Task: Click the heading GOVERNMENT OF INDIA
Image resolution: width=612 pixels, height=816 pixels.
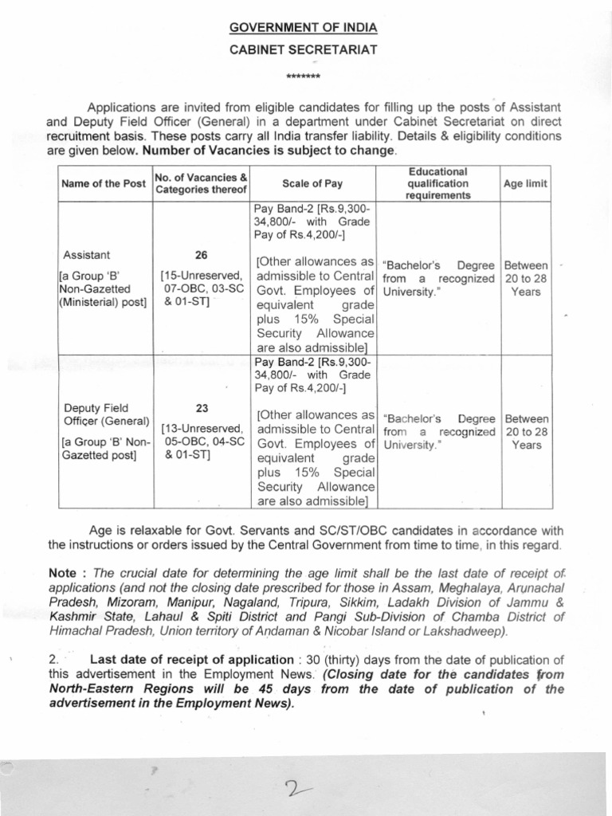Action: (x=303, y=27)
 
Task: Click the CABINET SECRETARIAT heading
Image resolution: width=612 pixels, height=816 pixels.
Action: (x=303, y=49)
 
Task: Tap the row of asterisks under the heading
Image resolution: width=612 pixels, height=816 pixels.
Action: (x=303, y=77)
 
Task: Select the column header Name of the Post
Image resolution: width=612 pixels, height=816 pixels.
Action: (x=104, y=183)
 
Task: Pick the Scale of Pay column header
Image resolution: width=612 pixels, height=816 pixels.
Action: (x=312, y=183)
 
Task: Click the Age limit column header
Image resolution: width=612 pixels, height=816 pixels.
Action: (x=525, y=183)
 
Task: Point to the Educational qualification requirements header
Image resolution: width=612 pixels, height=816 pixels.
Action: (x=437, y=183)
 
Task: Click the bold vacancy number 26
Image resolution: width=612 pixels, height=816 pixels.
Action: (x=202, y=255)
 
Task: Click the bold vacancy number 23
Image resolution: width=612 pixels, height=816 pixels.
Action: (x=202, y=407)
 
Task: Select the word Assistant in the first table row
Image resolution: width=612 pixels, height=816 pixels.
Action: (x=87, y=255)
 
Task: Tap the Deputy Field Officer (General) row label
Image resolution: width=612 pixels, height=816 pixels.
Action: (x=106, y=414)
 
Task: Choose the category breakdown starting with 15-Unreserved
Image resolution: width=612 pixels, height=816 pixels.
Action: (x=202, y=291)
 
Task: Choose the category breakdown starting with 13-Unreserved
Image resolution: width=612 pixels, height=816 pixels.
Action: (x=202, y=442)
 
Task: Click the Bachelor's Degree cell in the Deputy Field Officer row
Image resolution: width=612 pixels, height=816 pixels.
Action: (x=438, y=431)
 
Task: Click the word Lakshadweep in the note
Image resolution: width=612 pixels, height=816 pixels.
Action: (x=465, y=631)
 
